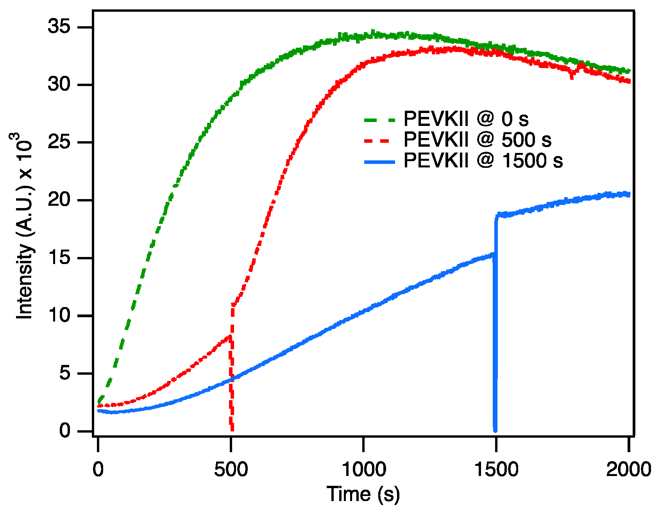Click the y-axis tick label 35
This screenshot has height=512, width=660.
[59, 27]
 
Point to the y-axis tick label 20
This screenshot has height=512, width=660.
[59, 200]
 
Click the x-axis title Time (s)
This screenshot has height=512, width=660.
[363, 494]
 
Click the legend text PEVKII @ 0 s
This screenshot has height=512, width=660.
[466, 119]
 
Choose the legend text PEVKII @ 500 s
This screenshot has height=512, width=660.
[477, 140]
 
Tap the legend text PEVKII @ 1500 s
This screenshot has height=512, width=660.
[483, 161]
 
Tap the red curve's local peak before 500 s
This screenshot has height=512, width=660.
[229, 336]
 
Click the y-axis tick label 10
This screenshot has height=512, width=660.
[59, 316]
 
